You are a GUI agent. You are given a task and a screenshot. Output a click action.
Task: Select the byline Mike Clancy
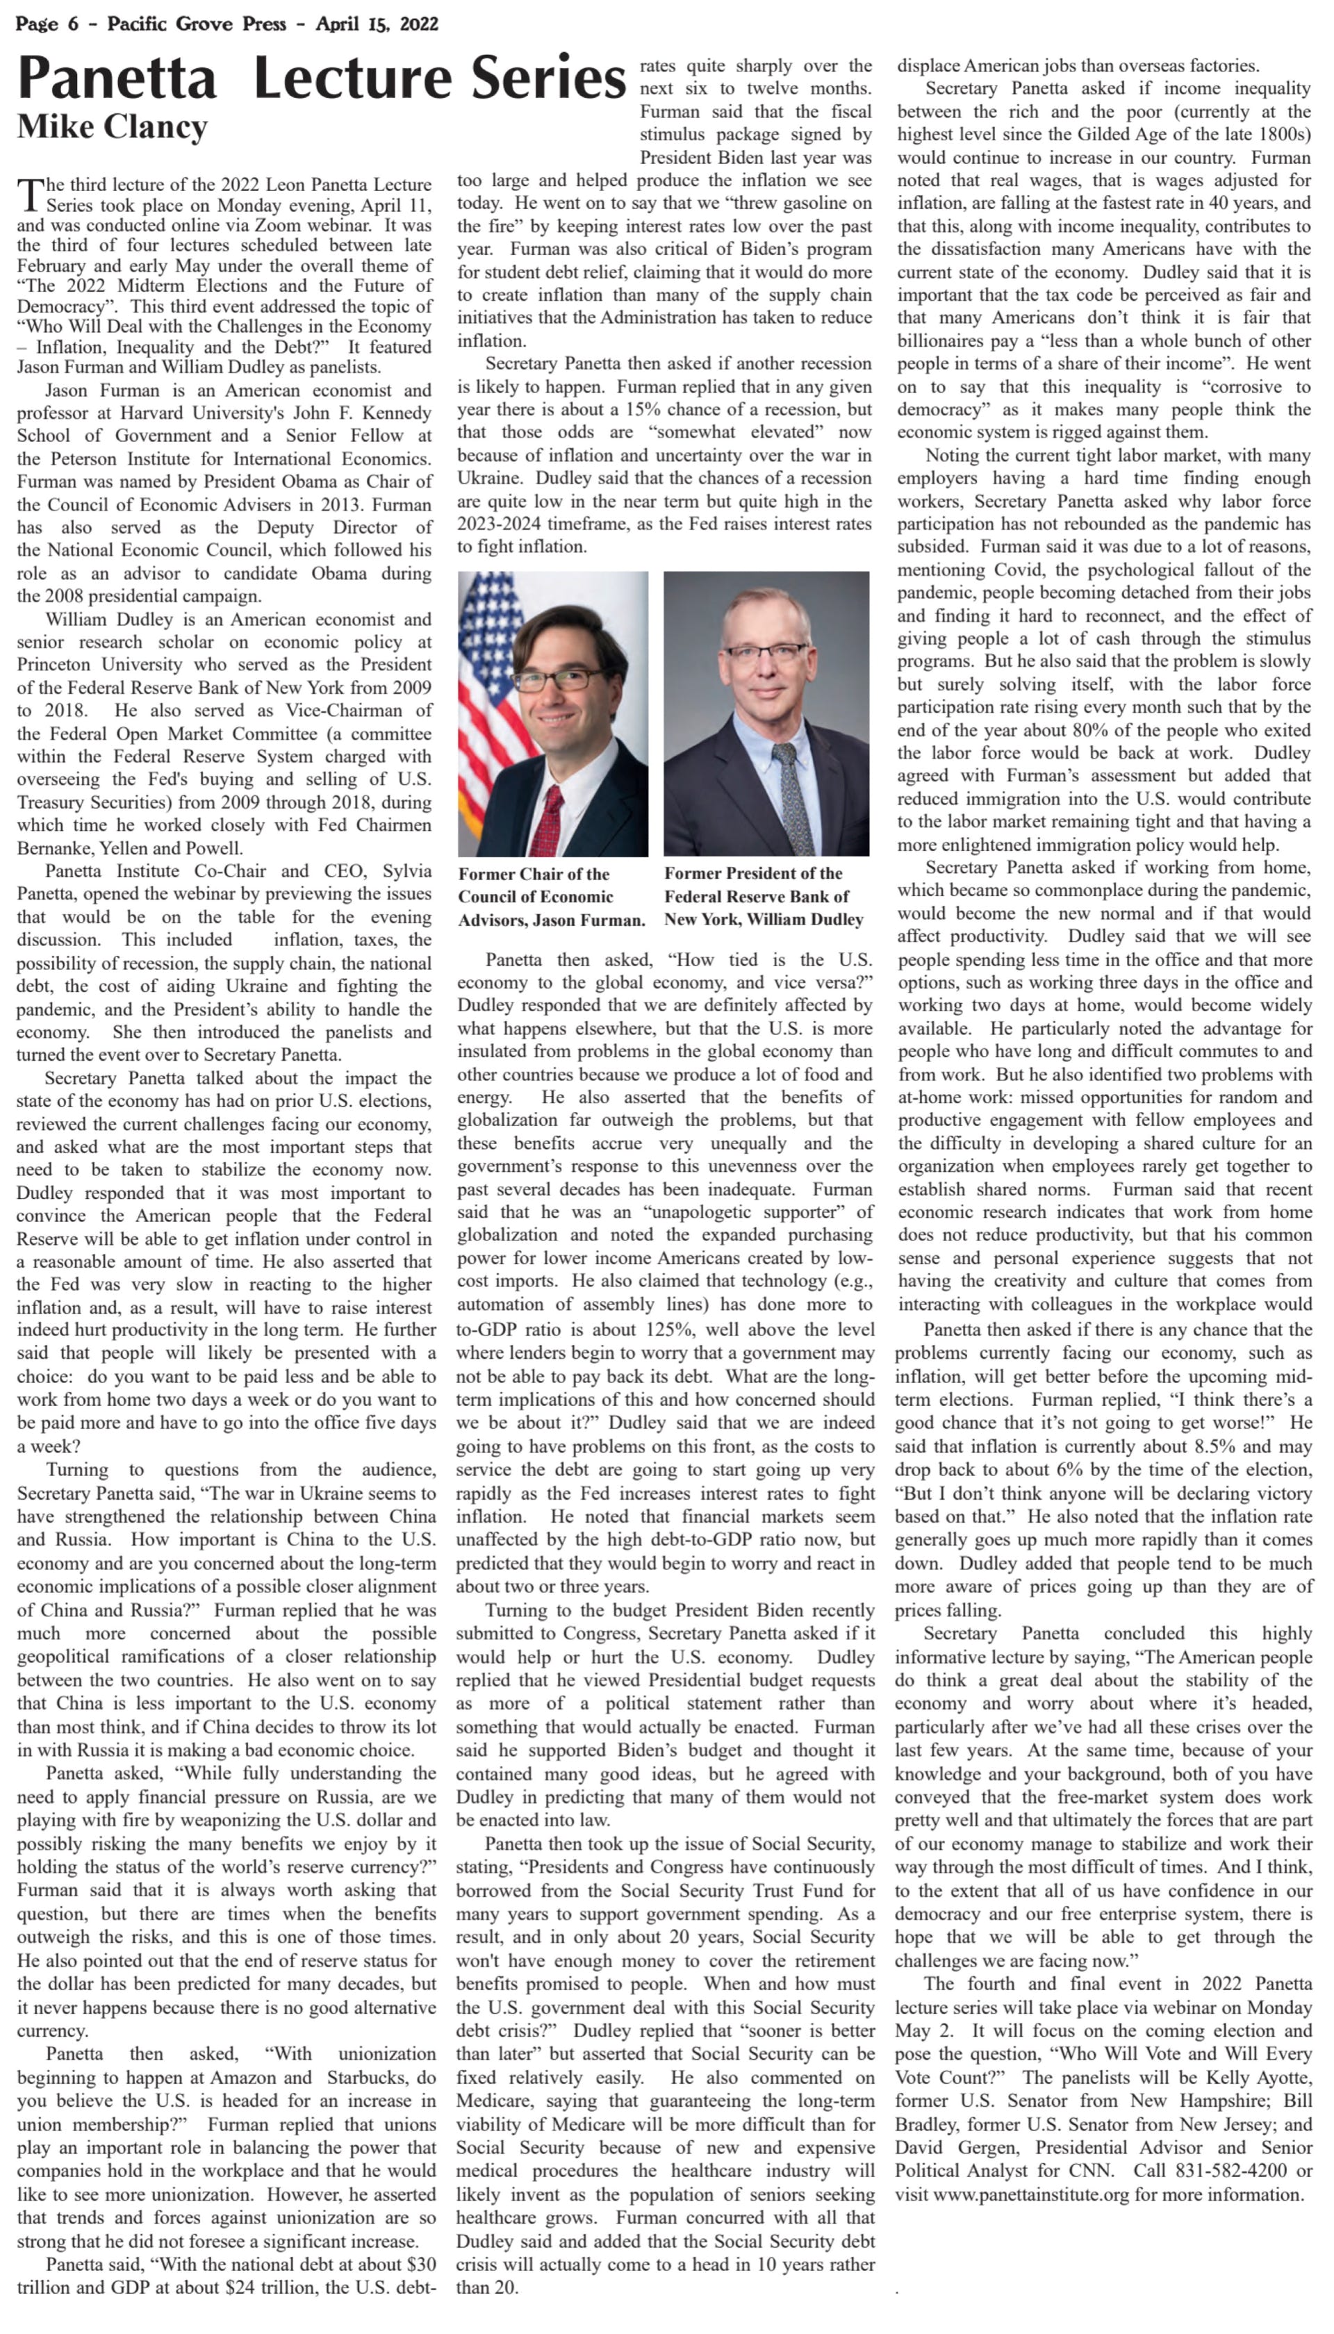pos(112,126)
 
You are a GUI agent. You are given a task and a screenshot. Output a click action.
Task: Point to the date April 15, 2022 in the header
pos(377,24)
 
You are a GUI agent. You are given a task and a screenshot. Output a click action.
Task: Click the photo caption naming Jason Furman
pos(552,897)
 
